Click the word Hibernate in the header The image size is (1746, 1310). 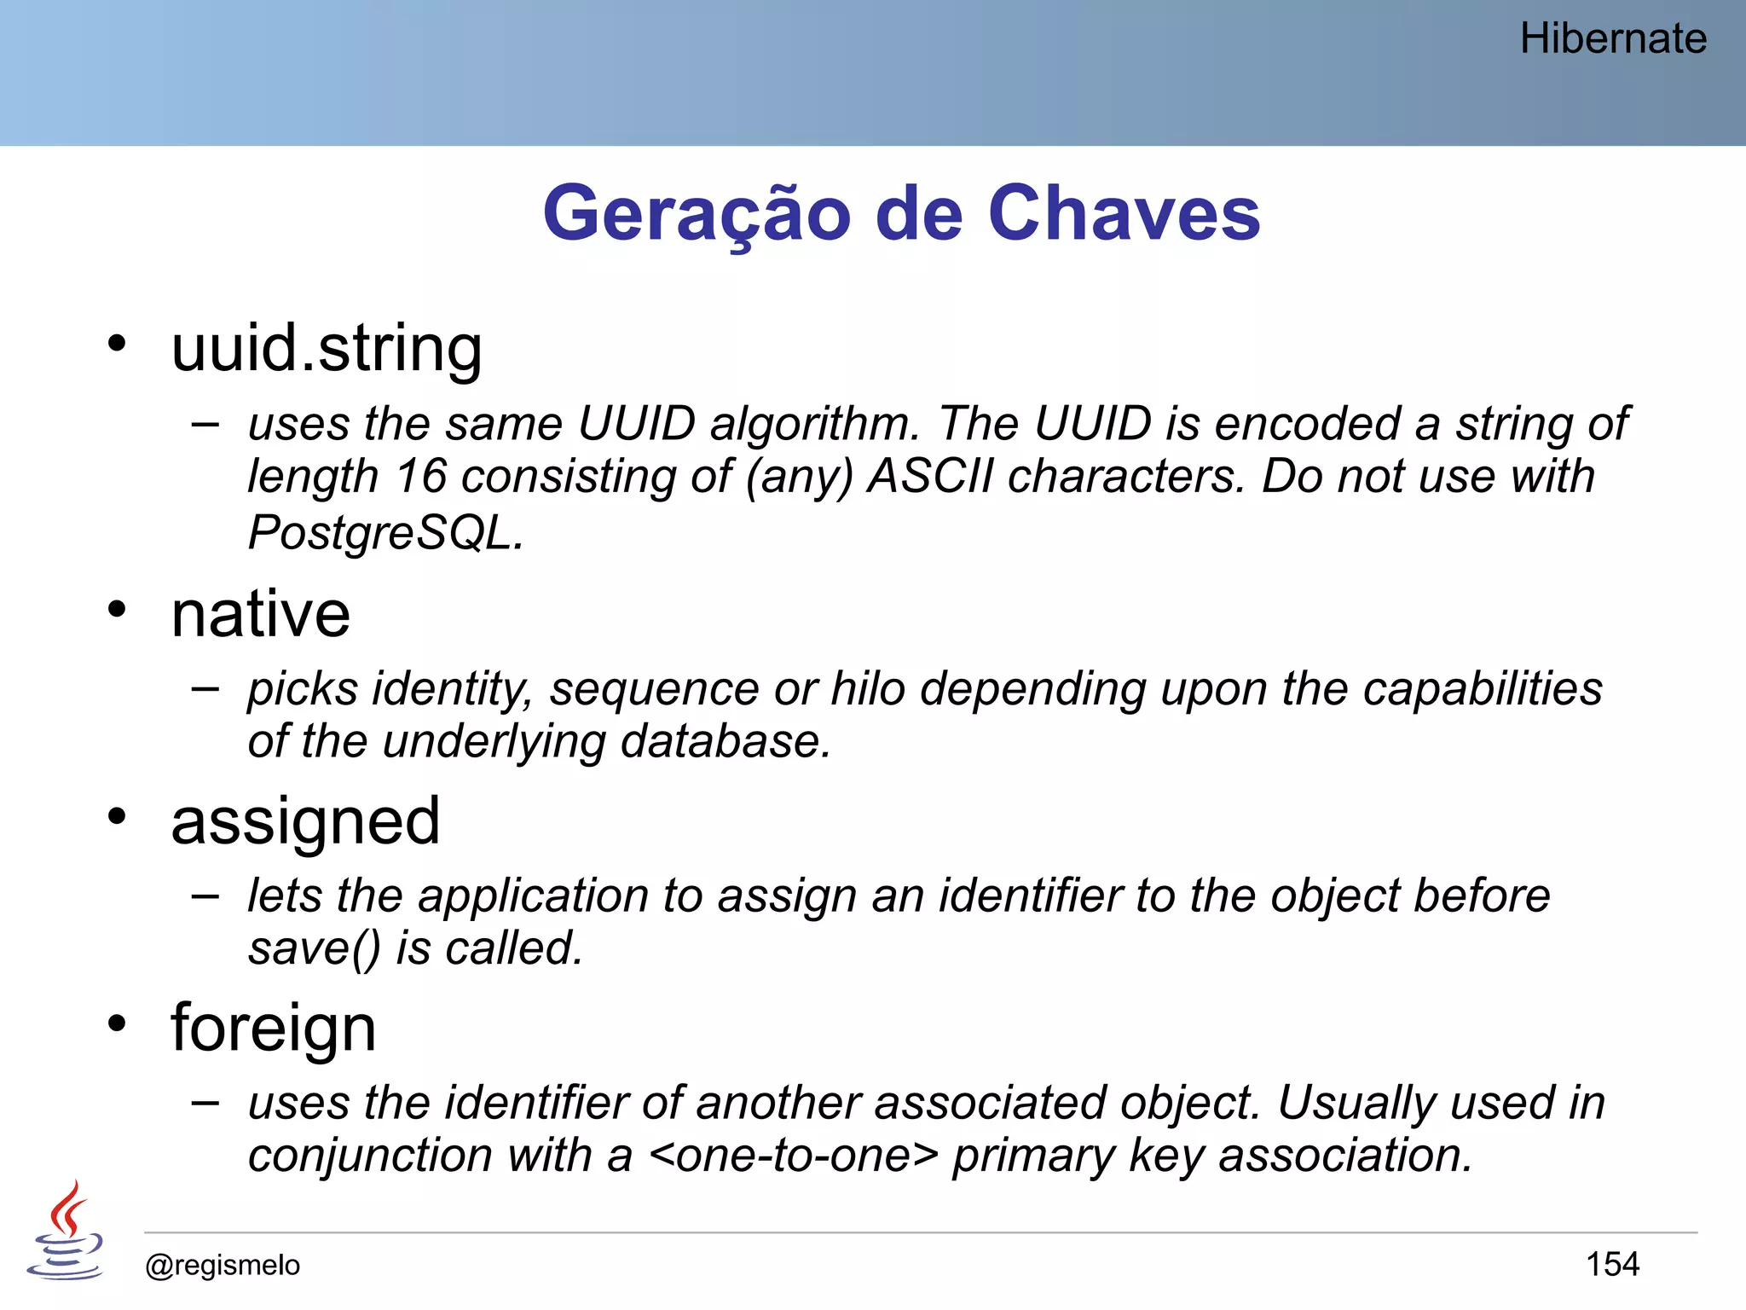click(1613, 39)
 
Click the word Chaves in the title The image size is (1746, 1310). click(1124, 213)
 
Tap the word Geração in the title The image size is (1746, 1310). click(697, 213)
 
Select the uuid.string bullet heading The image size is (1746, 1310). click(327, 349)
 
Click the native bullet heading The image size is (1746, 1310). click(260, 614)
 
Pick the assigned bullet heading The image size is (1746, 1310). click(305, 821)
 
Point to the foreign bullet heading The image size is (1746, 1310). click(273, 1028)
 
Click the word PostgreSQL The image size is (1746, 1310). click(384, 533)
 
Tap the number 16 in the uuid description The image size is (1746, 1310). click(421, 476)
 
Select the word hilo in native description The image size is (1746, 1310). click(867, 688)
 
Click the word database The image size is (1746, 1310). click(725, 741)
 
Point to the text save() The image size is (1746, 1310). click(314, 948)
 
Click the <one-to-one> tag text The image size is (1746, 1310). click(793, 1156)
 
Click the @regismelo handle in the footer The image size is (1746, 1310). click(223, 1265)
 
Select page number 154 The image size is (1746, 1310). click(1612, 1264)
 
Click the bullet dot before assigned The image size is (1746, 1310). click(117, 817)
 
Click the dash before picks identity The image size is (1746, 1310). click(205, 688)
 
